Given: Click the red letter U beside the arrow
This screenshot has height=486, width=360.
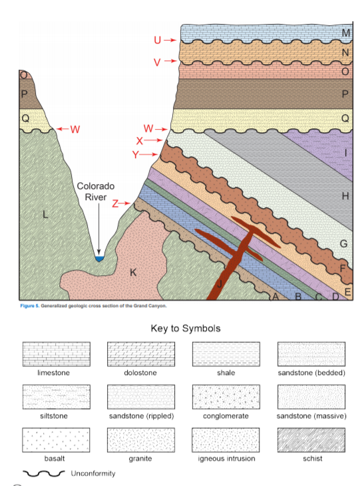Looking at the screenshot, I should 158,40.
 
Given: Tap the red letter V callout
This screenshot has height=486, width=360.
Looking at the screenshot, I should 158,62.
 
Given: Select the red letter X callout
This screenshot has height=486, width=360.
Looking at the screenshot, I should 140,140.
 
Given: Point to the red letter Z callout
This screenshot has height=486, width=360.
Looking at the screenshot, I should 115,204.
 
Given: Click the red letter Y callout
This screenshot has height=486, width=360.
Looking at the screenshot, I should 136,154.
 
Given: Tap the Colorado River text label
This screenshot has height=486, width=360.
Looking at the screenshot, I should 96,191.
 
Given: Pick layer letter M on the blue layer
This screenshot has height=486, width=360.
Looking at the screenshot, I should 345,33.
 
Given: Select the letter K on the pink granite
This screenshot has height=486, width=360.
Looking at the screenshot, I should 133,272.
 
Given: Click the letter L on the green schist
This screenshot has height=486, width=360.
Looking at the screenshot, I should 45,214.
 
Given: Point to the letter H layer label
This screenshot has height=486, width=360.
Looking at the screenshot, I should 345,195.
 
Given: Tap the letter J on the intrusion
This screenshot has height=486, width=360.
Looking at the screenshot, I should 219,283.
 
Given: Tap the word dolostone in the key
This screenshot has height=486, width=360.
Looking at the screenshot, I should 141,372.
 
